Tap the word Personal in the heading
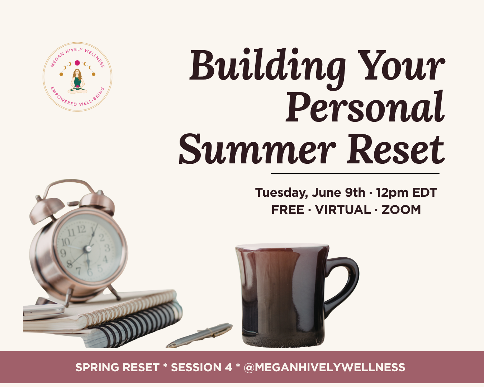365,107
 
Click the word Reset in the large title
395,150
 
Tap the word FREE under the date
288,210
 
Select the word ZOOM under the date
401,210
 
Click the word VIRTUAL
342,210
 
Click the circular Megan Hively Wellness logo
77,77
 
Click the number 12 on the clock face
81,229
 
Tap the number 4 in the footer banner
228,367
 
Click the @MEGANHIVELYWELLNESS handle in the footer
324,367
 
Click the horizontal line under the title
355,173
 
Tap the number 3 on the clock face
107,248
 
